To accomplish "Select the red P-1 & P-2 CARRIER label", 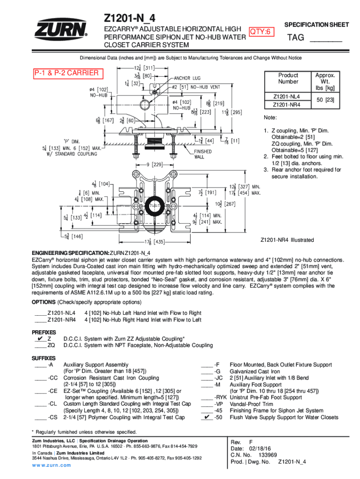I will pyautogui.click(x=66, y=73).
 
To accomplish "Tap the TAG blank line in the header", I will pyautogui.click(x=326, y=42).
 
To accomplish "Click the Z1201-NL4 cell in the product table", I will pyautogui.click(x=286, y=96).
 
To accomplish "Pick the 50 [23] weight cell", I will pyautogui.click(x=322, y=101).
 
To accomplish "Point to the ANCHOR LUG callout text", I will pyautogui.click(x=188, y=78).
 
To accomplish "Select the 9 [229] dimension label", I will pyautogui.click(x=154, y=164).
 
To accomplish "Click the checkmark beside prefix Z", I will pyautogui.click(x=39, y=338).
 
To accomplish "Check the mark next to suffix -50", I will pyautogui.click(x=205, y=417).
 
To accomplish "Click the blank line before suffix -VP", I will pyautogui.click(x=206, y=404).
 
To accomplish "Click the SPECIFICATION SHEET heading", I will pyautogui.click(x=317, y=24).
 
